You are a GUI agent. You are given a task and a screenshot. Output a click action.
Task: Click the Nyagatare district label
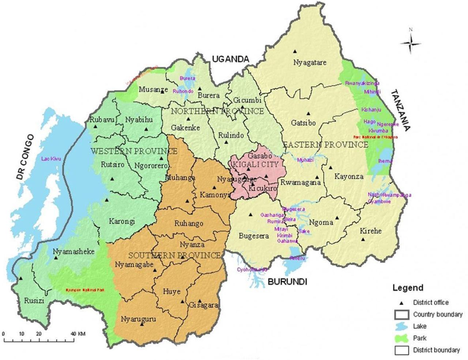click(310, 62)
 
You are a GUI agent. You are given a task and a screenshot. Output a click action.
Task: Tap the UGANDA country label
click(230, 59)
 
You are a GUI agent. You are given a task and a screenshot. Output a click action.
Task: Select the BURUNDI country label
click(287, 282)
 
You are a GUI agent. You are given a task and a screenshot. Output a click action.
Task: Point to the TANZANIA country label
click(401, 110)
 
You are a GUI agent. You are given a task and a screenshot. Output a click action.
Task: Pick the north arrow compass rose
click(410, 43)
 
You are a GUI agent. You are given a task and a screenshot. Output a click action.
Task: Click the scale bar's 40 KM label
click(78, 334)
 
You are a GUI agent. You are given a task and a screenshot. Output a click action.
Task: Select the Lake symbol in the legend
click(401, 326)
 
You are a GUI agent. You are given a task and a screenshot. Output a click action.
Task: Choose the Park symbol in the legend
click(401, 338)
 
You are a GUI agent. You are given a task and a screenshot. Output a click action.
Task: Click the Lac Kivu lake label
click(51, 159)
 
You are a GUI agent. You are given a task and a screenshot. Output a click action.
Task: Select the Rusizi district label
click(34, 301)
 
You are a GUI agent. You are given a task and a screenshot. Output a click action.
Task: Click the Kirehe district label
click(370, 231)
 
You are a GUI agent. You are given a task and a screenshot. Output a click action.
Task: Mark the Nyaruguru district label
click(138, 319)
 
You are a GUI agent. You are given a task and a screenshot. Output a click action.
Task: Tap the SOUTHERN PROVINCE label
click(174, 255)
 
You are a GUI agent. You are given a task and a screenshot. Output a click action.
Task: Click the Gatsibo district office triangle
click(308, 114)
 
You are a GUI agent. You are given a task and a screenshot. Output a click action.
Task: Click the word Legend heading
click(408, 288)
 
